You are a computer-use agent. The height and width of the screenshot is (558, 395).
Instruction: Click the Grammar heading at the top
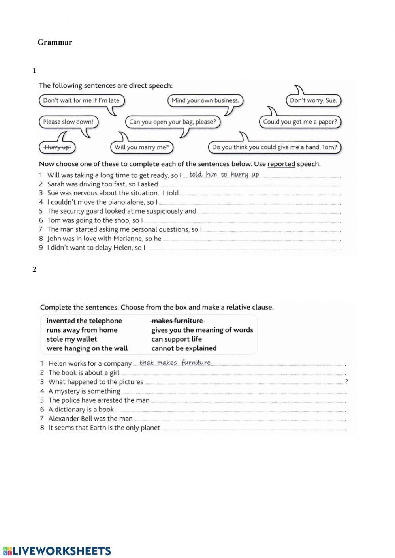[55, 42]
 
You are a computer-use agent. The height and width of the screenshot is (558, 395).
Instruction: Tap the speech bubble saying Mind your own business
[205, 100]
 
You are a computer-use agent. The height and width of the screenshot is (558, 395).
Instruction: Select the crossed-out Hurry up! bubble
[58, 147]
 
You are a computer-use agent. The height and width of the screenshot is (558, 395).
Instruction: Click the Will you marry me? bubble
[141, 147]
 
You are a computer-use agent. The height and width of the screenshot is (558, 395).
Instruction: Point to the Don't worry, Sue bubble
[313, 100]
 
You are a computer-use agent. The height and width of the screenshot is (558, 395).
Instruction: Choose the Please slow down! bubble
[68, 122]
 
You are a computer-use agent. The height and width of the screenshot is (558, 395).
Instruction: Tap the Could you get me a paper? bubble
[300, 122]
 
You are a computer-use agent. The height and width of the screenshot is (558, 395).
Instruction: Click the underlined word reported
[281, 164]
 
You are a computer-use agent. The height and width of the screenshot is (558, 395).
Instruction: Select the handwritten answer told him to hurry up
[224, 175]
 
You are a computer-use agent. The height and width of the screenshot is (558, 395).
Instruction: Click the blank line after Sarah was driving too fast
[249, 185]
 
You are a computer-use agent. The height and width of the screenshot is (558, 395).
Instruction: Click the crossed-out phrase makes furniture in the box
[177, 321]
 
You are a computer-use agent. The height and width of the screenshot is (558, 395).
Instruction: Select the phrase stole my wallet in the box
[71, 339]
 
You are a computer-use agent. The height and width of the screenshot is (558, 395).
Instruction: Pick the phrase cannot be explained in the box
[184, 348]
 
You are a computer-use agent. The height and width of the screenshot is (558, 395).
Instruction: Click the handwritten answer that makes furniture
[175, 363]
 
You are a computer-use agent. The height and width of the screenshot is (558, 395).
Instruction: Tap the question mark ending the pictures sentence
[346, 382]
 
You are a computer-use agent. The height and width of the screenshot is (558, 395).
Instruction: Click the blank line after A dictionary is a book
[229, 410]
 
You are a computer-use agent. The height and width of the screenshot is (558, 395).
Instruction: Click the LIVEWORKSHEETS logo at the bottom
[57, 551]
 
